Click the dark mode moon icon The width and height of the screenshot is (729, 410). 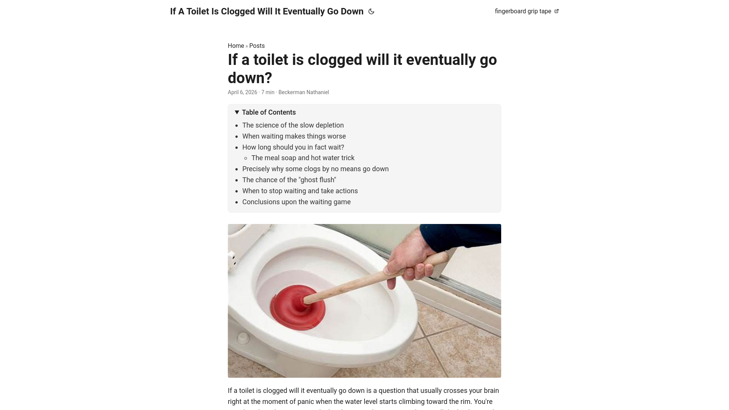tap(371, 11)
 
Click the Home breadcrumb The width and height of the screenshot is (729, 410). tap(236, 46)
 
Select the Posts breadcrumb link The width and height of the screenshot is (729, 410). tap(257, 46)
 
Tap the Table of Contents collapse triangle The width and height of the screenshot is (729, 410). tap(237, 112)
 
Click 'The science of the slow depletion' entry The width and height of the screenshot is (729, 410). tap(293, 125)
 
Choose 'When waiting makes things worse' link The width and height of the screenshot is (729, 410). tap(294, 136)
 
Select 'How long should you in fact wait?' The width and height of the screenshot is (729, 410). tap(293, 147)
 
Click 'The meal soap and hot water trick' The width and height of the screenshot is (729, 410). tap(303, 158)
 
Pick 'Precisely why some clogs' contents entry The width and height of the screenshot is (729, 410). tap(315, 169)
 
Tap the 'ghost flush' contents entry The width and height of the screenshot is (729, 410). tap(289, 180)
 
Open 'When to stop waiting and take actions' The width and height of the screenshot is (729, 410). tap(300, 191)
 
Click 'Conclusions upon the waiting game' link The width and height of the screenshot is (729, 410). tap(296, 202)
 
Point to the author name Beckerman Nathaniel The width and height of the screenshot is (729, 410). tap(303, 92)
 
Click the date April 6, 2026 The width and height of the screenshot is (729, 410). tap(242, 92)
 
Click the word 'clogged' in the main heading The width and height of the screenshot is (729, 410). tap(335, 60)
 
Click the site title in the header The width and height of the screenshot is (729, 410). tap(267, 11)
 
